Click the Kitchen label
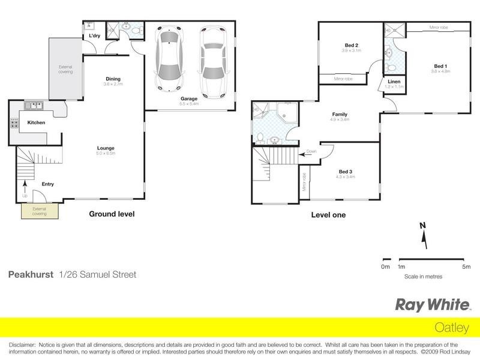click(x=36, y=123)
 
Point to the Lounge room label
click(x=106, y=148)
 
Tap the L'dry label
click(x=94, y=36)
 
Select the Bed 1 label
click(x=440, y=66)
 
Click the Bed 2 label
click(x=352, y=46)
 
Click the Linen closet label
click(x=394, y=82)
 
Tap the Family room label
click(x=340, y=115)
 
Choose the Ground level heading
click(x=112, y=214)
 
